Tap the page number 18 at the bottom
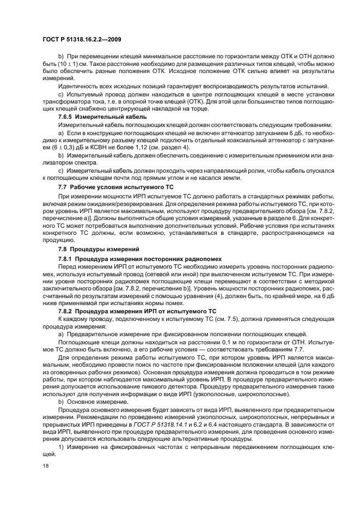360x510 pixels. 45,466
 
